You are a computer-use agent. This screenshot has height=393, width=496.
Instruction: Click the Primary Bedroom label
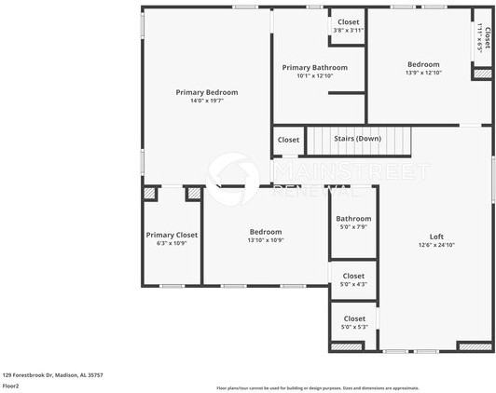point(207,92)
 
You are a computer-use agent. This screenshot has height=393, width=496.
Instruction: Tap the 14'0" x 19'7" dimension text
point(207,101)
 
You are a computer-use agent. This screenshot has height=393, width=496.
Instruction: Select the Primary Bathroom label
point(315,67)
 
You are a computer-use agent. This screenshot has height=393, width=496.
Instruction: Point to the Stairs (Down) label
point(357,140)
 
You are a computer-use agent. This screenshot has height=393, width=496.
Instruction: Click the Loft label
point(436,236)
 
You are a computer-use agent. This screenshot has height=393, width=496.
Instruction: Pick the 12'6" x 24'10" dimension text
point(436,245)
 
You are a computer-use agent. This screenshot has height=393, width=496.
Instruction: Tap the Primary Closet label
point(172,235)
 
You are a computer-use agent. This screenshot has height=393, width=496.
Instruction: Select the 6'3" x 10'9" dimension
point(172,244)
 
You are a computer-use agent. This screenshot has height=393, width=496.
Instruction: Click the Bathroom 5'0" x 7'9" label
point(353,219)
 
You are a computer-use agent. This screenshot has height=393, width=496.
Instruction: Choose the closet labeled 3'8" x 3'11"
point(348,30)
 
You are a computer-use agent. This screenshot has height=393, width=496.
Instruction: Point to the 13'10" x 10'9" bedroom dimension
point(266,240)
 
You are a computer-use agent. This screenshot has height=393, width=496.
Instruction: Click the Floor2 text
point(11,386)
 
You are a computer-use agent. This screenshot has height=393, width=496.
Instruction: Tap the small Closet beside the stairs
point(288,141)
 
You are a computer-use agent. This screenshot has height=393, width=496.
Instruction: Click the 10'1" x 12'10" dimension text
point(315,76)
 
